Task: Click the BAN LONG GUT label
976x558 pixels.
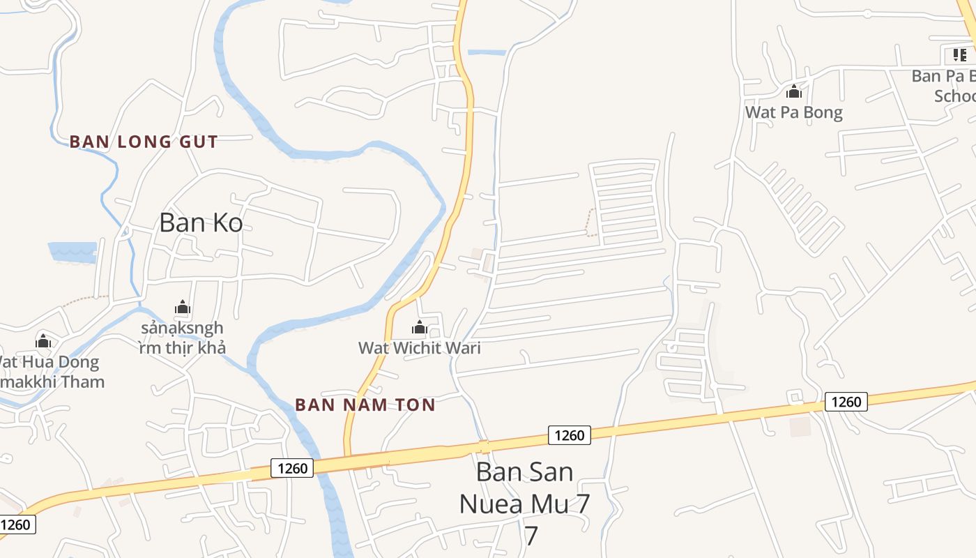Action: point(143,142)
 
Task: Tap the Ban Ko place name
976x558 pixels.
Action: point(201,223)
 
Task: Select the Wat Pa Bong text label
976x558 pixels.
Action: point(793,112)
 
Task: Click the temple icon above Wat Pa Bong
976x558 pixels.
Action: point(793,92)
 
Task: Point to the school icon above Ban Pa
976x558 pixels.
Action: point(960,54)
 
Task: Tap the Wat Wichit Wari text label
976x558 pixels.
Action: point(419,347)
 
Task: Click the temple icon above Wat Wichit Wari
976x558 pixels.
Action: point(419,327)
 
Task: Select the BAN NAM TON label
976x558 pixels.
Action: point(365,405)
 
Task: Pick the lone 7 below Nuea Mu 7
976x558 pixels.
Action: point(531,536)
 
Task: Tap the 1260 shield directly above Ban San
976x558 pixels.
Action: point(569,435)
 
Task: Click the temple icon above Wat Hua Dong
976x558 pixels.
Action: point(44,341)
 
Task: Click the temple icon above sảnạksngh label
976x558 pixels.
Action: point(183,307)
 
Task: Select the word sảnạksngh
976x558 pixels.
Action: point(182,328)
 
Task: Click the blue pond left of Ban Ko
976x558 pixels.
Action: point(72,252)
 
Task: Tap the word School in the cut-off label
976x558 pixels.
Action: point(954,96)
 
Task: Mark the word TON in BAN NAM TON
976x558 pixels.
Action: point(416,405)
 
